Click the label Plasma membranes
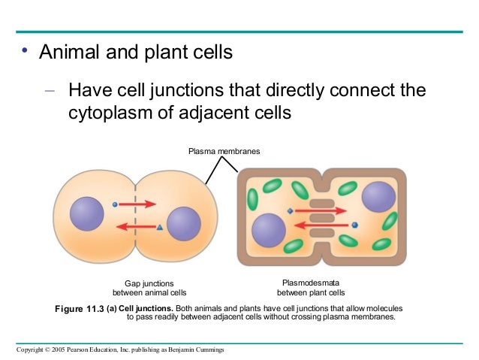coord(224,152)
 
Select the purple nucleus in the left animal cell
coord(86,214)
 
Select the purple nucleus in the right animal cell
coord(183,224)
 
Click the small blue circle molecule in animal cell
coord(114,204)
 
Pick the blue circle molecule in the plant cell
coord(354,224)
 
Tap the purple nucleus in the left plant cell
coord(268,229)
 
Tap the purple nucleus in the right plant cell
coord(378,196)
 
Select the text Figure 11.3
coord(80,309)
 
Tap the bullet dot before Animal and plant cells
coord(25,52)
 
